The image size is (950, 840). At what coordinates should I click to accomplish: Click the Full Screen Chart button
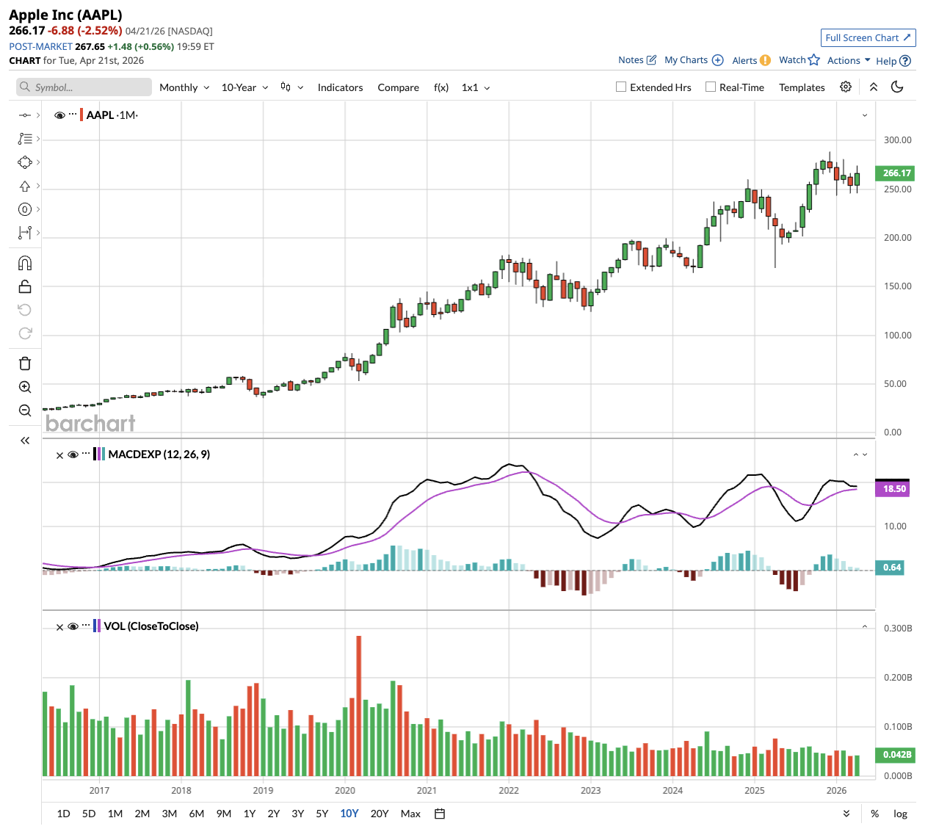(x=868, y=38)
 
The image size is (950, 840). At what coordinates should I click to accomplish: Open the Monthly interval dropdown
(x=184, y=87)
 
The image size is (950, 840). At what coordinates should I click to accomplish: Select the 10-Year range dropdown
(x=244, y=87)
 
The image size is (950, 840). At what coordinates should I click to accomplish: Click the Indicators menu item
(x=340, y=87)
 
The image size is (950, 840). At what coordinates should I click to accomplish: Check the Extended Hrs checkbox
(x=621, y=87)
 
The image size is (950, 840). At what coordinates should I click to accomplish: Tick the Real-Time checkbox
(x=711, y=87)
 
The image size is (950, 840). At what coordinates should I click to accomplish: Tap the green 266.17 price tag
(x=896, y=173)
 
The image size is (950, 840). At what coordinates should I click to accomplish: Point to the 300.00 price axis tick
(x=897, y=140)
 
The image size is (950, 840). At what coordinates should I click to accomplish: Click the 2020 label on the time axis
(x=345, y=791)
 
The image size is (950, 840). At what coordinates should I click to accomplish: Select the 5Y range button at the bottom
(x=322, y=814)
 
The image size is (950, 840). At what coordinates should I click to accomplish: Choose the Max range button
(x=410, y=814)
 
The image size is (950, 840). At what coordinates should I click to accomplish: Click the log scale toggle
(x=900, y=814)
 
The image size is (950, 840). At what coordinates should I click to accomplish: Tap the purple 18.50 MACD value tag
(x=893, y=489)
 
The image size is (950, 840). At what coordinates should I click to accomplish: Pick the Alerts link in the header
(x=744, y=61)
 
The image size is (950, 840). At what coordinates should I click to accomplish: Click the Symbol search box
(x=84, y=87)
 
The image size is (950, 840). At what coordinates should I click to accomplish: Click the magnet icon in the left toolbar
(x=25, y=263)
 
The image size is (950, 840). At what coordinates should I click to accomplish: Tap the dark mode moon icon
(x=897, y=87)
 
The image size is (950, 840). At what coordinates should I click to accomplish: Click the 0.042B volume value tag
(x=896, y=755)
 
